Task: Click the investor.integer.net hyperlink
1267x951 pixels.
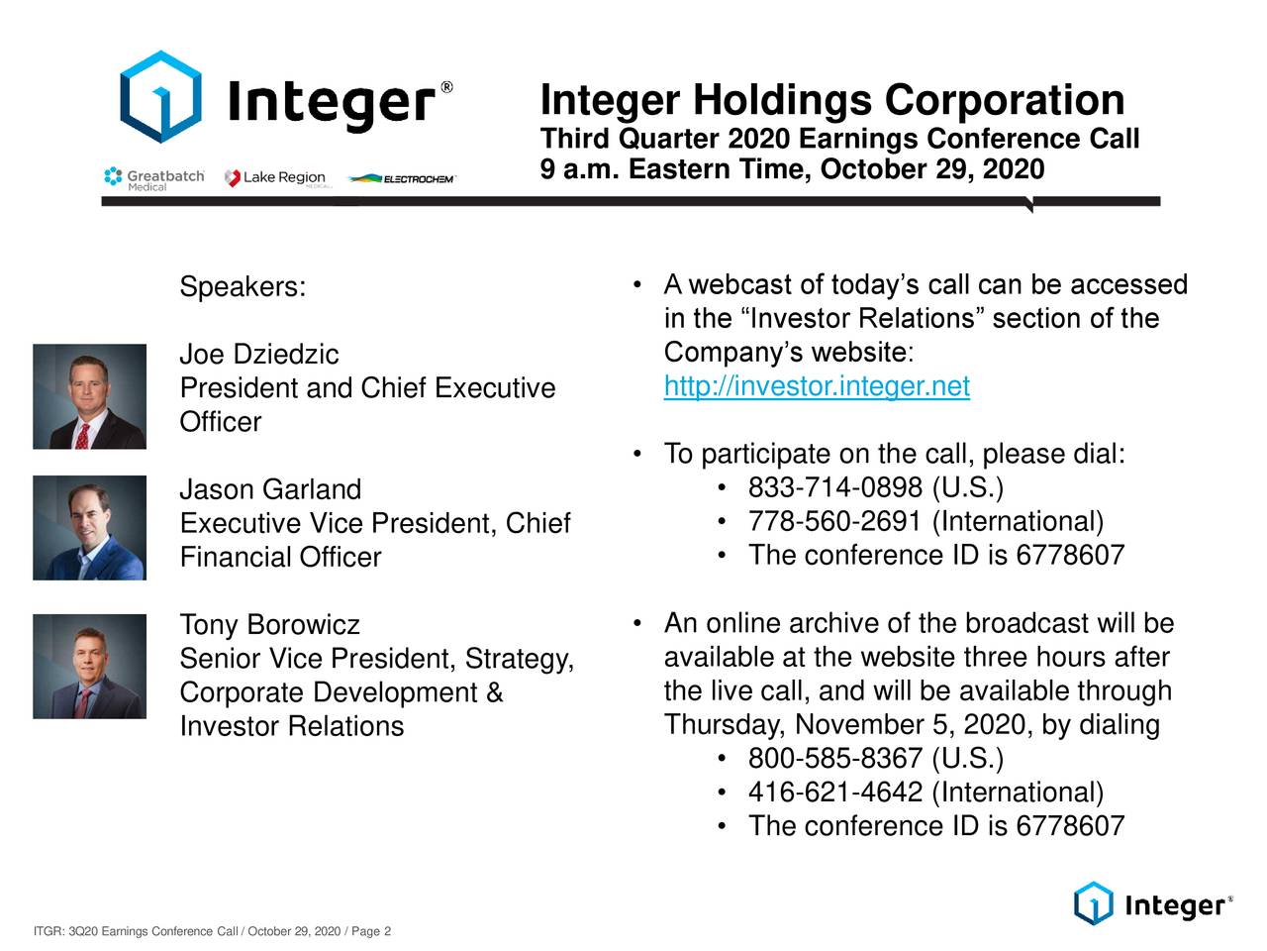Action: click(817, 386)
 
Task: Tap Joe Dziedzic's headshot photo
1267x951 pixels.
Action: click(89, 396)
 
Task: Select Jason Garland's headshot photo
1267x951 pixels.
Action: click(89, 527)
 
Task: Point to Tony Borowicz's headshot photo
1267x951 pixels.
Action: click(89, 666)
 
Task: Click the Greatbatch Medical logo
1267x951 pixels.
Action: click(154, 178)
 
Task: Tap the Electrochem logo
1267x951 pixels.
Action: click(401, 179)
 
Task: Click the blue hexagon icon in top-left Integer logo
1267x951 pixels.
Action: click(160, 97)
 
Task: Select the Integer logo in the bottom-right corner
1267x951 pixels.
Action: click(1153, 903)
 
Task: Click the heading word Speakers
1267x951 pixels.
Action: click(243, 287)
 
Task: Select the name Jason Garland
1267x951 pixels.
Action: click(270, 490)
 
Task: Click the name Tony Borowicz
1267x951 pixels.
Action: click(269, 625)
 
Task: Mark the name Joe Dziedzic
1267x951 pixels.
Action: click(259, 355)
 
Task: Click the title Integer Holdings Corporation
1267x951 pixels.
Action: click(831, 100)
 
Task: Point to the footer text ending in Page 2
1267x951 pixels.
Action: click(212, 931)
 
